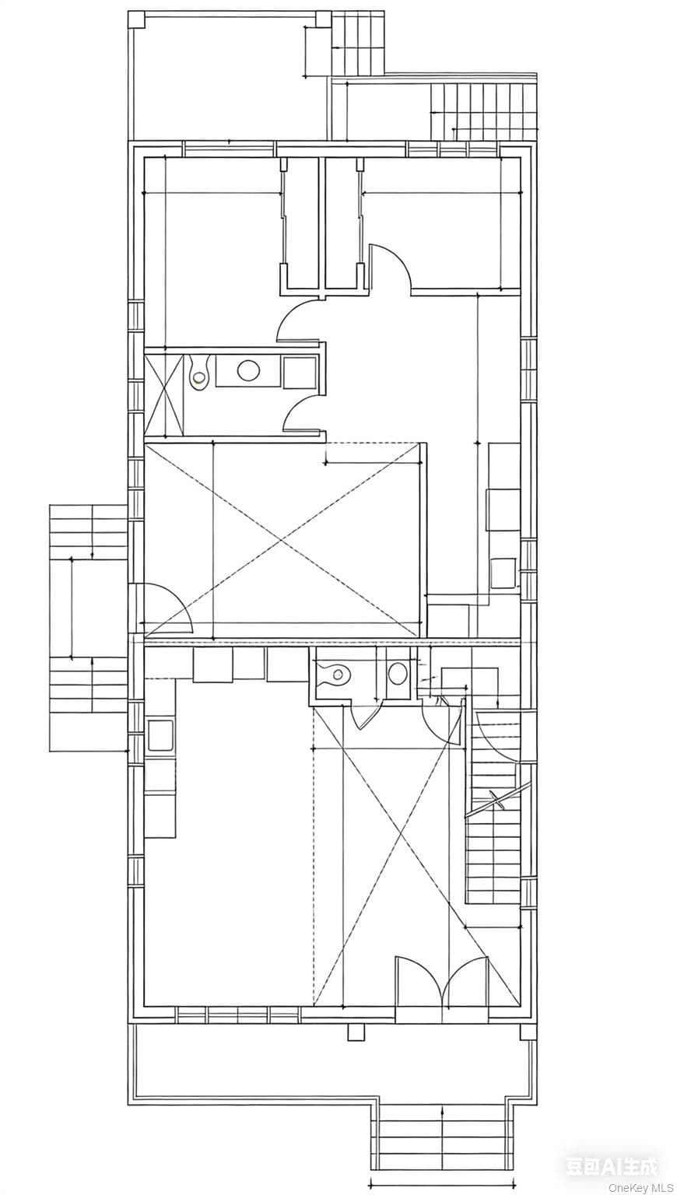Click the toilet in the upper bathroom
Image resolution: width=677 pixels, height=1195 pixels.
[x=198, y=372]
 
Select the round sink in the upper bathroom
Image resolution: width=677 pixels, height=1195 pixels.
[x=247, y=370]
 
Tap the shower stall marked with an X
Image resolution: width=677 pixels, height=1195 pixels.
[x=163, y=394]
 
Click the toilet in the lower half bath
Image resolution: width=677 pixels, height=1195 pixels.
[x=335, y=675]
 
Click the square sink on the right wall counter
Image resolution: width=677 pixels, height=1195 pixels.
[x=503, y=573]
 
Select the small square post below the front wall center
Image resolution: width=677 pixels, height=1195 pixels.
[x=355, y=1032]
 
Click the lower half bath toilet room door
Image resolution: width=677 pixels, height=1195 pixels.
[x=365, y=715]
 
